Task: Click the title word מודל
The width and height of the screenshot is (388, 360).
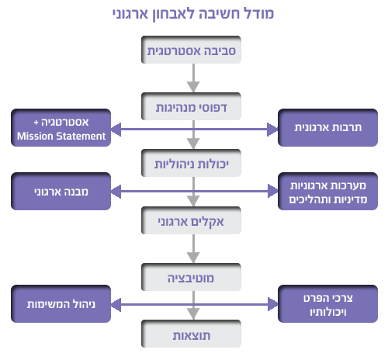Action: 259,13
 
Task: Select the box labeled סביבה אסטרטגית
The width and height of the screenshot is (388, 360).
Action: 191,50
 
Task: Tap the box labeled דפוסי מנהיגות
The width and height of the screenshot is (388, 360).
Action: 191,106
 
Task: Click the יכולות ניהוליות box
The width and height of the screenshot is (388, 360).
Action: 191,163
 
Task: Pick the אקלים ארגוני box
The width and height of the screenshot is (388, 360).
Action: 191,220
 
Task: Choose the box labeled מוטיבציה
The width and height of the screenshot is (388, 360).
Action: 191,277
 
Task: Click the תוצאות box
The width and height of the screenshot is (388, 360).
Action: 191,334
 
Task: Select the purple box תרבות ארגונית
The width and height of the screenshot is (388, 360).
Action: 327,128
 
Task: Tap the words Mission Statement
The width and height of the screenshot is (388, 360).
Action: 61,136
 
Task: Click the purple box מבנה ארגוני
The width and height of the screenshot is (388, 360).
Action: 61,192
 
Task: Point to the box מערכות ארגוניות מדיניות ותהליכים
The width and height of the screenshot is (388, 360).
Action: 327,192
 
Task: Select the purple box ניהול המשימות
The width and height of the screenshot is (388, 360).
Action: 61,304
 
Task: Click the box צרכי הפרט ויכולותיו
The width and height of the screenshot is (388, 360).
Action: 327,304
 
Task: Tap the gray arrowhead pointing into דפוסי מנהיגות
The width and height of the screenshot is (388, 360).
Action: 193,87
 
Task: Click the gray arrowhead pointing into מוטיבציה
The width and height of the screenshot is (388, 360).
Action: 193,258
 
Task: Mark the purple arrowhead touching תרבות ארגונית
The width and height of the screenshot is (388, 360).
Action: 272,130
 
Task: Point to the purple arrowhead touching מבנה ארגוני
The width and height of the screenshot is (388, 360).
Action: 116,192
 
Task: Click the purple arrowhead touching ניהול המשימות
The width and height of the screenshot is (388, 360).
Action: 116,304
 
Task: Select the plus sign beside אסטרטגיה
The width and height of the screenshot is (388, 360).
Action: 36,123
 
